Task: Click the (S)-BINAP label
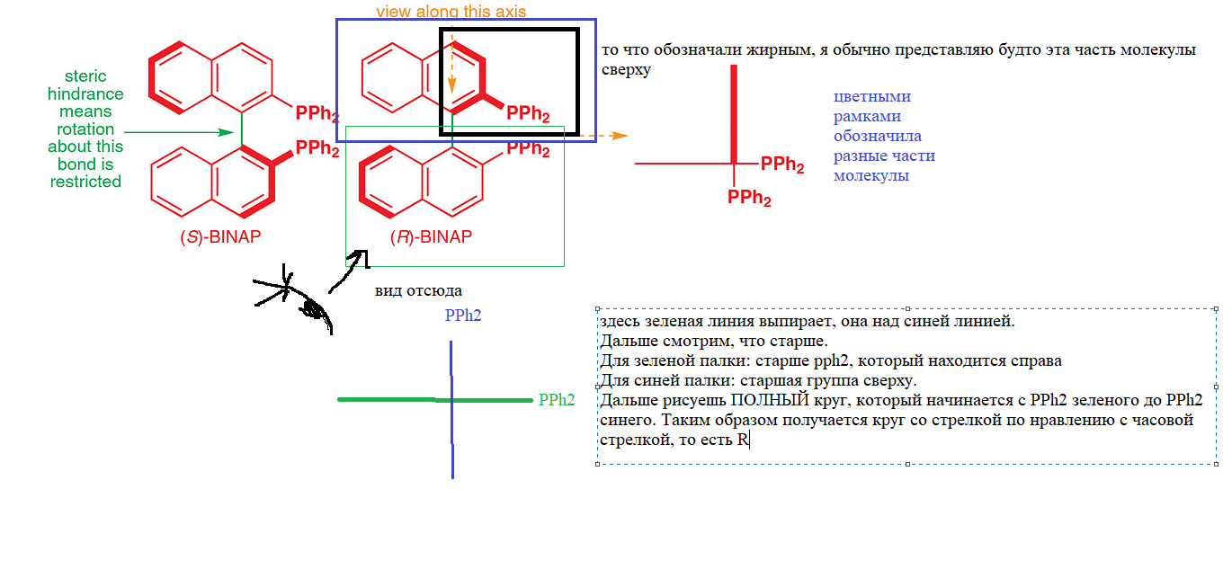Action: pyautogui.click(x=220, y=237)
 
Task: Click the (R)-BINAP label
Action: pyautogui.click(x=432, y=237)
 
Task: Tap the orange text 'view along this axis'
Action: pyautogui.click(x=451, y=11)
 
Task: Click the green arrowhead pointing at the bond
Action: pyautogui.click(x=226, y=132)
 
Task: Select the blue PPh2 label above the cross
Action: pyautogui.click(x=463, y=316)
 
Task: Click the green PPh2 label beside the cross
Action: pyautogui.click(x=557, y=400)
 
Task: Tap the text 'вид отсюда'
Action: pyautogui.click(x=418, y=290)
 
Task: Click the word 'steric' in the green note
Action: pyautogui.click(x=85, y=76)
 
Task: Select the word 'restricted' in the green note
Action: pyautogui.click(x=85, y=182)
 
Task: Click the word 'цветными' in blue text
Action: pyautogui.click(x=872, y=97)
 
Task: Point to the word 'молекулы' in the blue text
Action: pyautogui.click(x=871, y=176)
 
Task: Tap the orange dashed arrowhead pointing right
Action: pyautogui.click(x=620, y=136)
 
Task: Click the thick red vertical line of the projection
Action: pyautogui.click(x=734, y=114)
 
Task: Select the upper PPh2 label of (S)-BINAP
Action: pyautogui.click(x=317, y=114)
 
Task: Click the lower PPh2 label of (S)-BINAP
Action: pyautogui.click(x=317, y=148)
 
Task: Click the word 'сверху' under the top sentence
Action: pyautogui.click(x=626, y=70)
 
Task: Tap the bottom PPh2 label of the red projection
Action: pyautogui.click(x=749, y=198)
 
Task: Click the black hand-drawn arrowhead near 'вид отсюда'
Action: pyautogui.click(x=361, y=259)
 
